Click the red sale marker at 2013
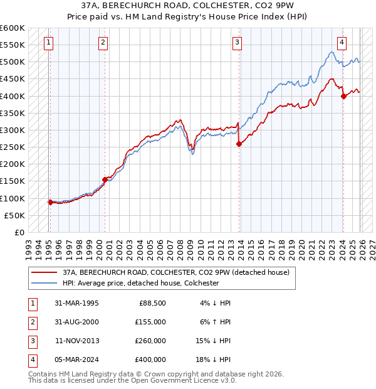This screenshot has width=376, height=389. coord(239,144)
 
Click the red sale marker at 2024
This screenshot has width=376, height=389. coord(343,96)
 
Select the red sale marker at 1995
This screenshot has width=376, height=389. coord(50,202)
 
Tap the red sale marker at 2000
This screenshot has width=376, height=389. coord(105,179)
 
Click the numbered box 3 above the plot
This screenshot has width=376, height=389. coord(238,43)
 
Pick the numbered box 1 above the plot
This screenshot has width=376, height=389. coord(49,43)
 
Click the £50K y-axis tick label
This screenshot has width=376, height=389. coord(14,215)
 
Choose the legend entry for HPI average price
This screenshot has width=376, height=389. coord(140,283)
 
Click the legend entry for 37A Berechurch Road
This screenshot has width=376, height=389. coord(175,273)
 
